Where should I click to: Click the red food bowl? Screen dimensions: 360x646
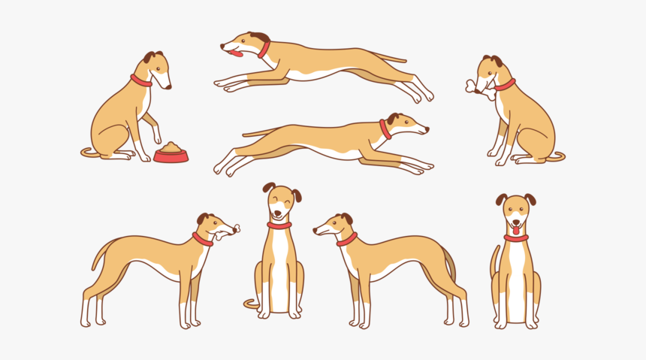click(171, 157)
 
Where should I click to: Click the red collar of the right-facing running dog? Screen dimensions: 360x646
click(385, 130)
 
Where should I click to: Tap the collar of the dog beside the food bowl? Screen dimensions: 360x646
click(140, 80)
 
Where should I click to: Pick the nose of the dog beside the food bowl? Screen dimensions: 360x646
click(169, 87)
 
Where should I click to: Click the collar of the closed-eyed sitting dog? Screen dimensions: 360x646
click(279, 225)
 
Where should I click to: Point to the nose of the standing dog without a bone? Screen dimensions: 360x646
click(315, 231)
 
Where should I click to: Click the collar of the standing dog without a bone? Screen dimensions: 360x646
click(347, 240)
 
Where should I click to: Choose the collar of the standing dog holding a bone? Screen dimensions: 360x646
click(202, 239)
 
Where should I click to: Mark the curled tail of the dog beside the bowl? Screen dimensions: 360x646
click(89, 153)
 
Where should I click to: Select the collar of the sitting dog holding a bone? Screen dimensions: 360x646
click(505, 85)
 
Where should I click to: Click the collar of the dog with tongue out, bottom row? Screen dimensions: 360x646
click(516, 238)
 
